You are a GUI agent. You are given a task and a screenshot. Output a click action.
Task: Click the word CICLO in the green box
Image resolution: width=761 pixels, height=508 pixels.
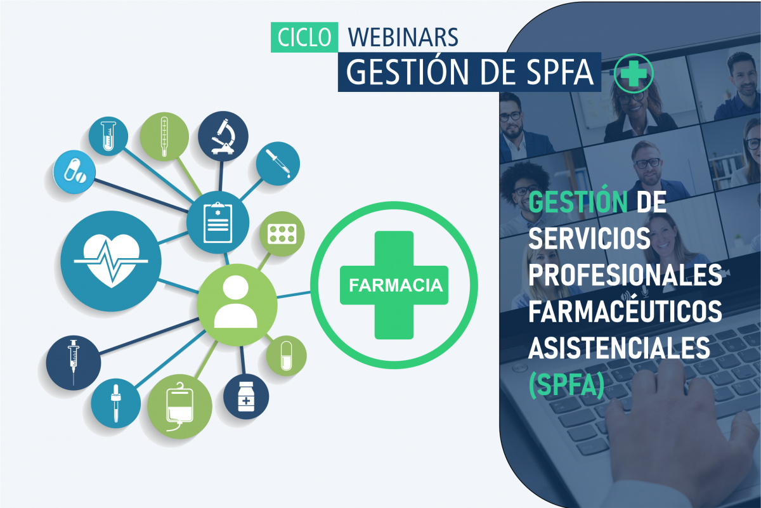click(304, 37)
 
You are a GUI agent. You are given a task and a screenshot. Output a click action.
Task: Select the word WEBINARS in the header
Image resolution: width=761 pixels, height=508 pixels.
click(403, 37)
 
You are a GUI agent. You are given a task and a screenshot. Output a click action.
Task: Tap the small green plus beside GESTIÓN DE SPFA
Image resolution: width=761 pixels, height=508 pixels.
click(634, 74)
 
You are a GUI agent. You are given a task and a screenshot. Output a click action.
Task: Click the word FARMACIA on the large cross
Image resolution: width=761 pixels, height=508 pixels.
click(396, 285)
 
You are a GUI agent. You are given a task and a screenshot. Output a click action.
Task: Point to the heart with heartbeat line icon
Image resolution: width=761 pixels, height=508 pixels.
click(111, 261)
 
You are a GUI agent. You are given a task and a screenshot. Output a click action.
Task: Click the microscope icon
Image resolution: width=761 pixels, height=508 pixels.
click(223, 136)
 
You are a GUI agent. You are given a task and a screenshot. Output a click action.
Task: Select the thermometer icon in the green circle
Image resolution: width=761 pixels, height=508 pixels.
click(164, 136)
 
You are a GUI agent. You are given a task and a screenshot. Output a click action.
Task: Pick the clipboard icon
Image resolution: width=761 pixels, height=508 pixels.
click(218, 223)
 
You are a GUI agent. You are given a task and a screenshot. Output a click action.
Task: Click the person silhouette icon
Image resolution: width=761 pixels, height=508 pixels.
click(236, 302)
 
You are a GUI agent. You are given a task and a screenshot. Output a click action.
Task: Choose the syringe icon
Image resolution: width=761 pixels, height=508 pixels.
click(74, 362)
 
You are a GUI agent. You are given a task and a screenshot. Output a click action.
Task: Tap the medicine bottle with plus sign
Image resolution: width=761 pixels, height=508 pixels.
click(246, 396)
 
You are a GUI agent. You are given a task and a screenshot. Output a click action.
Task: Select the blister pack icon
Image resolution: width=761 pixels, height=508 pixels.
click(282, 234)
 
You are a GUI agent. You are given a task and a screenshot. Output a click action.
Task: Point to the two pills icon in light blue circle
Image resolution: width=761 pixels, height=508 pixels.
click(75, 172)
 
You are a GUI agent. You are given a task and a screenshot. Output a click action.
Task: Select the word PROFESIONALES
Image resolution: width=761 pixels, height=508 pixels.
click(625, 275)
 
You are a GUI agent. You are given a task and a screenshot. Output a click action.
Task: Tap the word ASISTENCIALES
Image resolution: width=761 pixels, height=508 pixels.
click(620, 348)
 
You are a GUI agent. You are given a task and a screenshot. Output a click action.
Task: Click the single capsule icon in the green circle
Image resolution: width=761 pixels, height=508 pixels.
click(286, 356)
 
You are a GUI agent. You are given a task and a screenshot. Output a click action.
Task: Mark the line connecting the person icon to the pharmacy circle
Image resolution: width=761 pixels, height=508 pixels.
click(294, 295)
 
